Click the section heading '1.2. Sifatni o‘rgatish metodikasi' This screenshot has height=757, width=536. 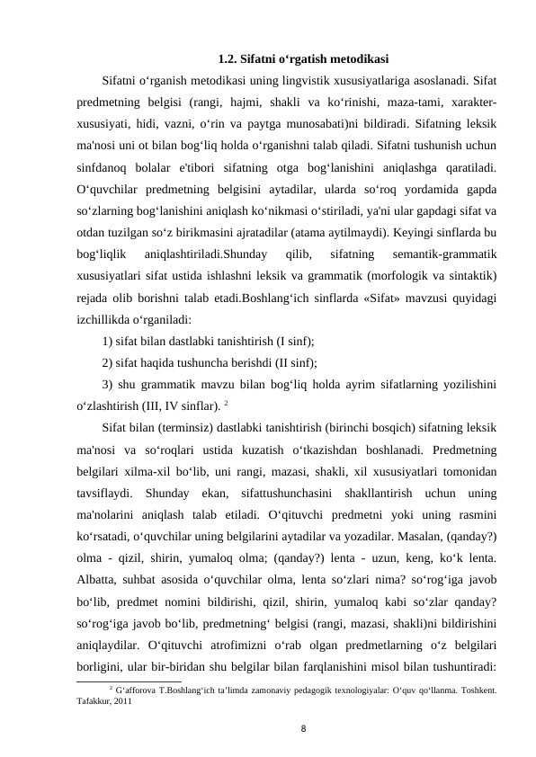click(x=303, y=60)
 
